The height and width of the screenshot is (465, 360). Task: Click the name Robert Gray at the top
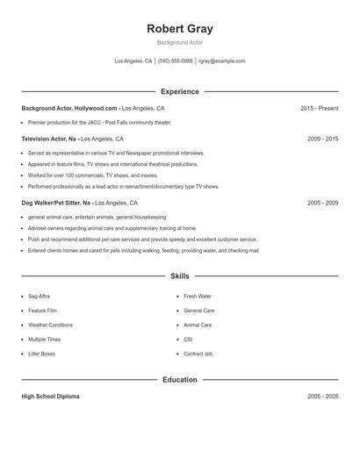(x=180, y=29)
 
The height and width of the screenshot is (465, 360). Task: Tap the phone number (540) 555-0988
(x=176, y=61)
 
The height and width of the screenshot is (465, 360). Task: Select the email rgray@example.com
(x=222, y=61)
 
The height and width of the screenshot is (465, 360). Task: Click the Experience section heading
(x=180, y=91)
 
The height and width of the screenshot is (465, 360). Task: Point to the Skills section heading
(x=180, y=276)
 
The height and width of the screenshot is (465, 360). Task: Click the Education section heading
(x=180, y=380)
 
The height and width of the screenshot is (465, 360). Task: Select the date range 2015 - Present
(x=319, y=108)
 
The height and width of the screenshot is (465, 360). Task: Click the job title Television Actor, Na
(x=51, y=139)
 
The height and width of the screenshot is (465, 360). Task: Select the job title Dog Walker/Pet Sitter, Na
(x=57, y=203)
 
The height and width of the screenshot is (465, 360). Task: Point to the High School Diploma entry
(x=50, y=397)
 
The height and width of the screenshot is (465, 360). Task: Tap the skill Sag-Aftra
(x=39, y=297)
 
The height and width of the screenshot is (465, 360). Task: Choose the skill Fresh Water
(x=198, y=297)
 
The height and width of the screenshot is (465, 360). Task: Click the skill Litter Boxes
(x=41, y=354)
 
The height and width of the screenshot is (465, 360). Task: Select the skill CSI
(x=188, y=340)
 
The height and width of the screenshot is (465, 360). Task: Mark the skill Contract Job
(x=198, y=354)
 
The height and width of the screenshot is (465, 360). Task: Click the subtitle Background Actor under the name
(x=180, y=43)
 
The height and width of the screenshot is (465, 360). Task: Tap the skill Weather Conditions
(x=50, y=325)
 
